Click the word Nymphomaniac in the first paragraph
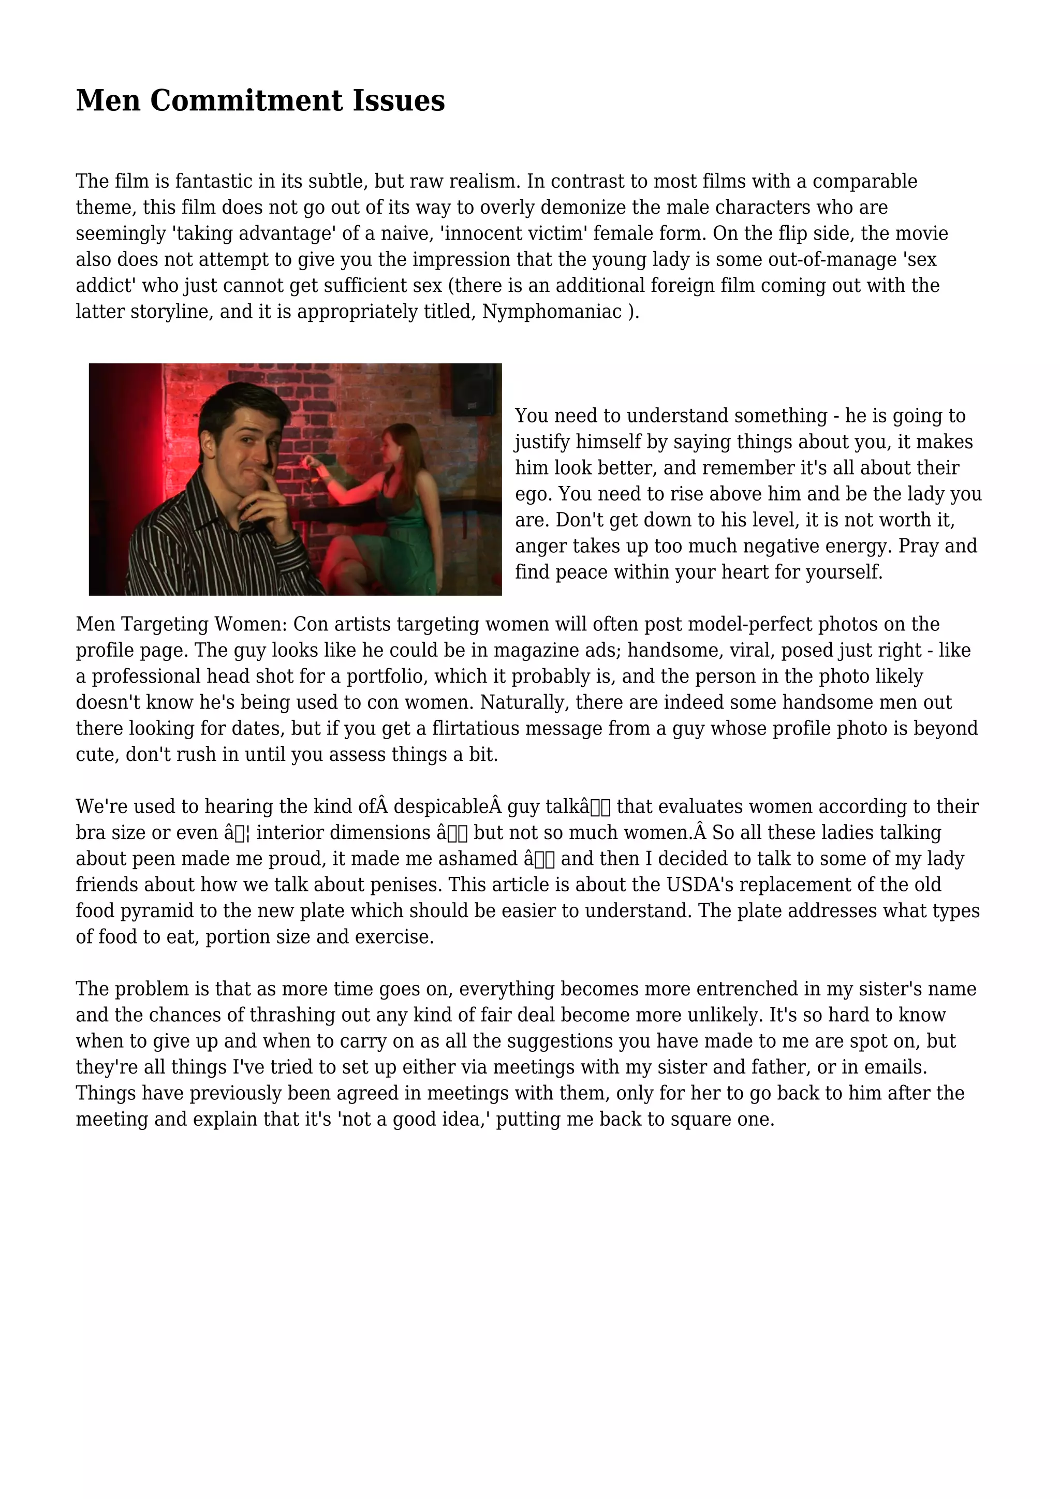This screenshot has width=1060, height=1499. [x=552, y=312]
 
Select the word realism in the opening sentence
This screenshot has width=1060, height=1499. [x=483, y=182]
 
